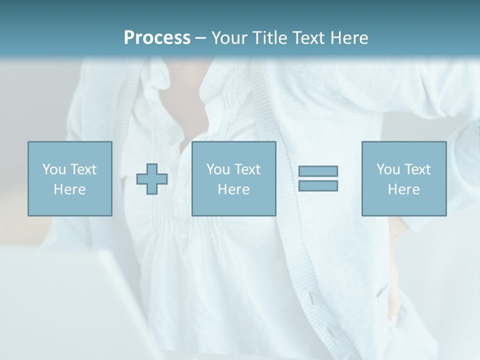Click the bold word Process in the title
click(x=157, y=38)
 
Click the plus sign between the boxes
click(x=152, y=179)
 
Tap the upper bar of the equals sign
click(x=318, y=171)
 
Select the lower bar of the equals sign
click(x=318, y=185)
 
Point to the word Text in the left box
click(x=83, y=169)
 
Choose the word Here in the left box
click(x=69, y=189)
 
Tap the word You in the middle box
click(x=218, y=169)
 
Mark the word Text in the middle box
click(x=247, y=169)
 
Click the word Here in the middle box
click(x=233, y=189)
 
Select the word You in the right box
click(x=388, y=169)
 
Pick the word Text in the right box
click(x=417, y=169)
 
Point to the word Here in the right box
click(x=403, y=189)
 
